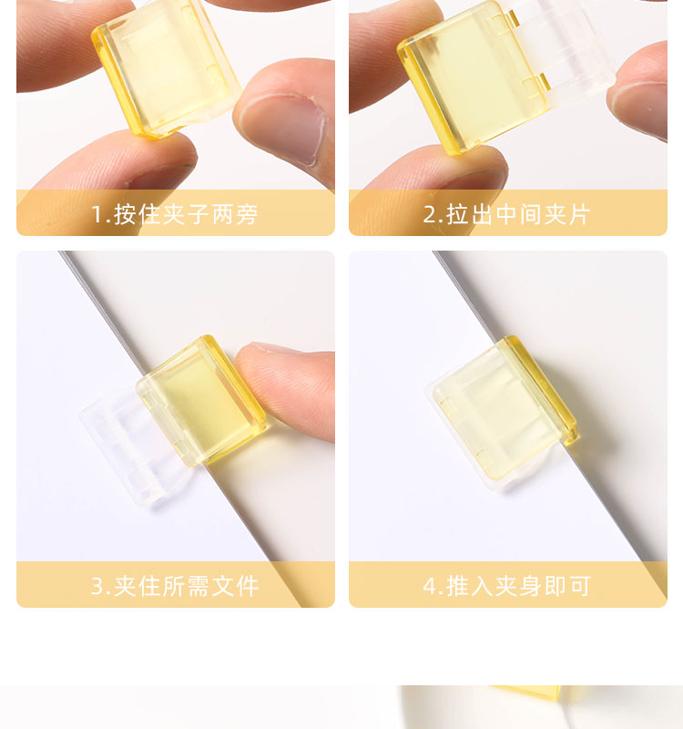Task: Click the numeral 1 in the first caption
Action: tap(97, 215)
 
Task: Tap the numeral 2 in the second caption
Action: tap(429, 215)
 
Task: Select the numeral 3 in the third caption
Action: tap(97, 586)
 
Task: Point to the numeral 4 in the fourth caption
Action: tap(430, 586)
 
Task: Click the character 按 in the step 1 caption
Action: tap(125, 214)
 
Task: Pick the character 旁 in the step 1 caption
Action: tap(247, 214)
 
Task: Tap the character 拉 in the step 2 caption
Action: tap(457, 214)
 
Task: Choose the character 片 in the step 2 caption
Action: tap(579, 214)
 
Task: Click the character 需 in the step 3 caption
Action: tap(199, 586)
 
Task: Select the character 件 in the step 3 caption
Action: tap(247, 586)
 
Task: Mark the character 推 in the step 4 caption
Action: tap(457, 586)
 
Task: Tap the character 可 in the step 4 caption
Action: tap(579, 586)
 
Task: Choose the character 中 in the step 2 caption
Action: tap(506, 214)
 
